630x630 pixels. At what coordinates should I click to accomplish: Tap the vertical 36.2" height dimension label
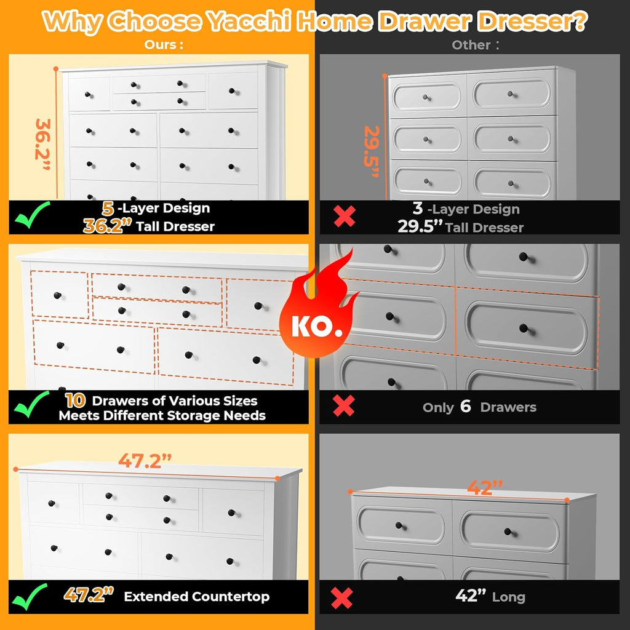click(x=43, y=144)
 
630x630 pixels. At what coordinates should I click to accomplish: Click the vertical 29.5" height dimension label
click(x=372, y=151)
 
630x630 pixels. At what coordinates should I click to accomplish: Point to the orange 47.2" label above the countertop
click(x=145, y=460)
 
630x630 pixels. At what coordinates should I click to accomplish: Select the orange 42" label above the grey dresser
click(x=485, y=487)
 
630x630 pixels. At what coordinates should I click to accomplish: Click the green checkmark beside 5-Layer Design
click(x=32, y=215)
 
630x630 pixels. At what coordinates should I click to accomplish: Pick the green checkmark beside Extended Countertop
click(x=30, y=597)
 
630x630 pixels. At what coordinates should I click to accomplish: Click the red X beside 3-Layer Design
click(x=345, y=216)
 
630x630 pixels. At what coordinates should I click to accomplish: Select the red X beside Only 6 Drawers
click(x=343, y=405)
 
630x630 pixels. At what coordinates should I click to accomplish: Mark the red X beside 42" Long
click(x=342, y=598)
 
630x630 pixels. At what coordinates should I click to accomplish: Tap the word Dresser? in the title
click(x=532, y=22)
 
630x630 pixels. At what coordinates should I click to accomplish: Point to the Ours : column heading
click(x=164, y=44)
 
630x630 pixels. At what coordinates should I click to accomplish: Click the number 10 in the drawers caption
click(x=76, y=400)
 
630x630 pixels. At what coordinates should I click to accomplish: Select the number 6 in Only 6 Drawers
click(x=465, y=406)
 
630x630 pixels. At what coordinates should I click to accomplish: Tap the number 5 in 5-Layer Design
click(x=108, y=208)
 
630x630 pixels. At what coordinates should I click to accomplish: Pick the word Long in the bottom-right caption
click(x=509, y=597)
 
